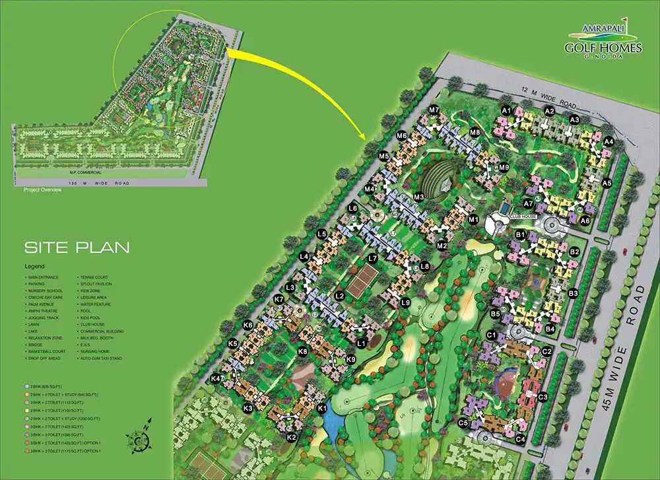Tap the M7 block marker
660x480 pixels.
[x=434, y=110]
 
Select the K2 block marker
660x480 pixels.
[x=292, y=436]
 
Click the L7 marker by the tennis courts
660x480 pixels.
[x=373, y=258]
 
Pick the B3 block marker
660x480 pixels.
[x=573, y=292]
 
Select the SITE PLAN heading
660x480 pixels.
[x=77, y=248]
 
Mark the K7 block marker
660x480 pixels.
[x=279, y=300]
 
